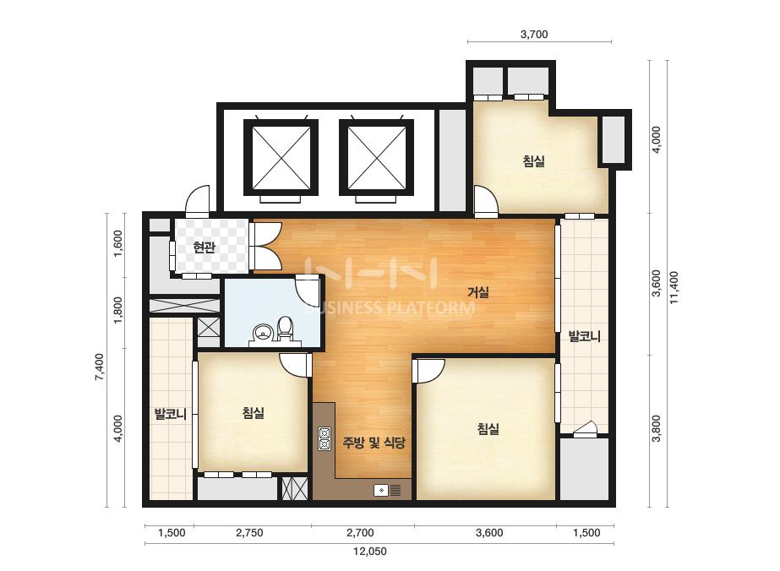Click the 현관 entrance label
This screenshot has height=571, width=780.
tap(204, 247)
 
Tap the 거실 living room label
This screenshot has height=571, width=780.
tap(478, 292)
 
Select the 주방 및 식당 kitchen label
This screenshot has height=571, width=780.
tap(374, 442)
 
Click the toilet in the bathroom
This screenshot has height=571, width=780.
tap(285, 329)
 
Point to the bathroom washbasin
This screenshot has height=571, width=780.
tap(262, 332)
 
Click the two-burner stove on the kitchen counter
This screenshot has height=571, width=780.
tap(325, 438)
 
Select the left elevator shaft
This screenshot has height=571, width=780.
tap(281, 158)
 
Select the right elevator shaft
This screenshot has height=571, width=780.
tap(377, 158)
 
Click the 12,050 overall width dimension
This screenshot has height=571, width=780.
tap(369, 551)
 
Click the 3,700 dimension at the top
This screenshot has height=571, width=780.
tap(534, 35)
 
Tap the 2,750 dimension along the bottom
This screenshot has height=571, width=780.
tap(249, 533)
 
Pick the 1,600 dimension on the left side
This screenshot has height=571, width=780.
tap(118, 243)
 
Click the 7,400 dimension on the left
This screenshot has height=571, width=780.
tap(100, 367)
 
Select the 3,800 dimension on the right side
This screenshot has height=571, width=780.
tap(657, 428)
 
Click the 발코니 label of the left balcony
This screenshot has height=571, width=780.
tap(170, 413)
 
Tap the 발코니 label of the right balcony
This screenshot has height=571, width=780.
tap(585, 337)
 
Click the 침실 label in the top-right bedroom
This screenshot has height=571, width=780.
tap(534, 160)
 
